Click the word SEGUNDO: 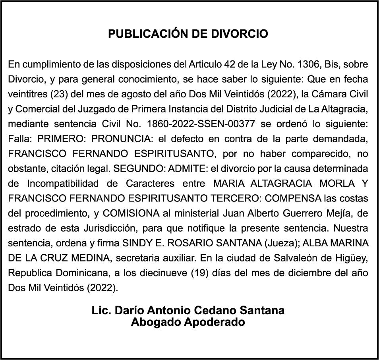140,168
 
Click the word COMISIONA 131,213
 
